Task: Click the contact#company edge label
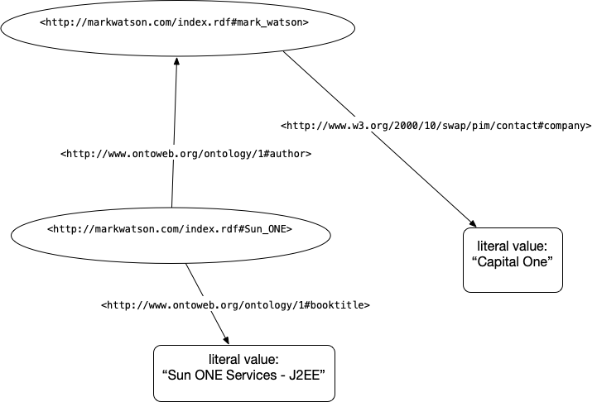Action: pos(436,127)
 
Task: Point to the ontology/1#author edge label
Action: pos(186,154)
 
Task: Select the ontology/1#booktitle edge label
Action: pos(235,305)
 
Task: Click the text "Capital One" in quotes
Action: pos(513,261)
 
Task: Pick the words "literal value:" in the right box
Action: pos(513,246)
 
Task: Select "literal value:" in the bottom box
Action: pos(243,358)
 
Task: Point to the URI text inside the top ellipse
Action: pos(175,22)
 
